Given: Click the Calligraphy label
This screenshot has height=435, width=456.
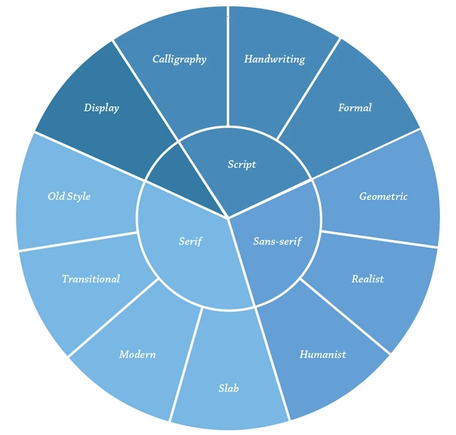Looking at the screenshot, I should pyautogui.click(x=179, y=59).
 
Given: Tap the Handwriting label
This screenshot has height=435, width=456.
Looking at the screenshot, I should pyautogui.click(x=274, y=59).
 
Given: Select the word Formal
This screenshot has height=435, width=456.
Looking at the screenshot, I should pyautogui.click(x=355, y=107).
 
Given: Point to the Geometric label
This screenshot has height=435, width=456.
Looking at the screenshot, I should pyautogui.click(x=383, y=196).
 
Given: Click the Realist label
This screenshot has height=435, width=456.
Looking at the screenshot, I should pyautogui.click(x=367, y=279).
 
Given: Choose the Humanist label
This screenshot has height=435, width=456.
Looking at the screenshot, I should pyautogui.click(x=323, y=354).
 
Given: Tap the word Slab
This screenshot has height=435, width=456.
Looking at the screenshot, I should pyautogui.click(x=228, y=388).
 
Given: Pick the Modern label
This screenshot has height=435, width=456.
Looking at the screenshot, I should pyautogui.click(x=137, y=354).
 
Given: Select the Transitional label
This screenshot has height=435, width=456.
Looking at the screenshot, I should pyautogui.click(x=91, y=279).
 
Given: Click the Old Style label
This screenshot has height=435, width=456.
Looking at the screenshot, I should pyautogui.click(x=69, y=196).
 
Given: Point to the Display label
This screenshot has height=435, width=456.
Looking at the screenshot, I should pyautogui.click(x=101, y=107).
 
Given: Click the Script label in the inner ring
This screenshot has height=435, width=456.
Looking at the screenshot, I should pyautogui.click(x=242, y=164).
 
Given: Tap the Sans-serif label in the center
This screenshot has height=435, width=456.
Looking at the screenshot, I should pyautogui.click(x=277, y=241).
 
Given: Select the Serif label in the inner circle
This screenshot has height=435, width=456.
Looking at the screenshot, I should pyautogui.click(x=190, y=241).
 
